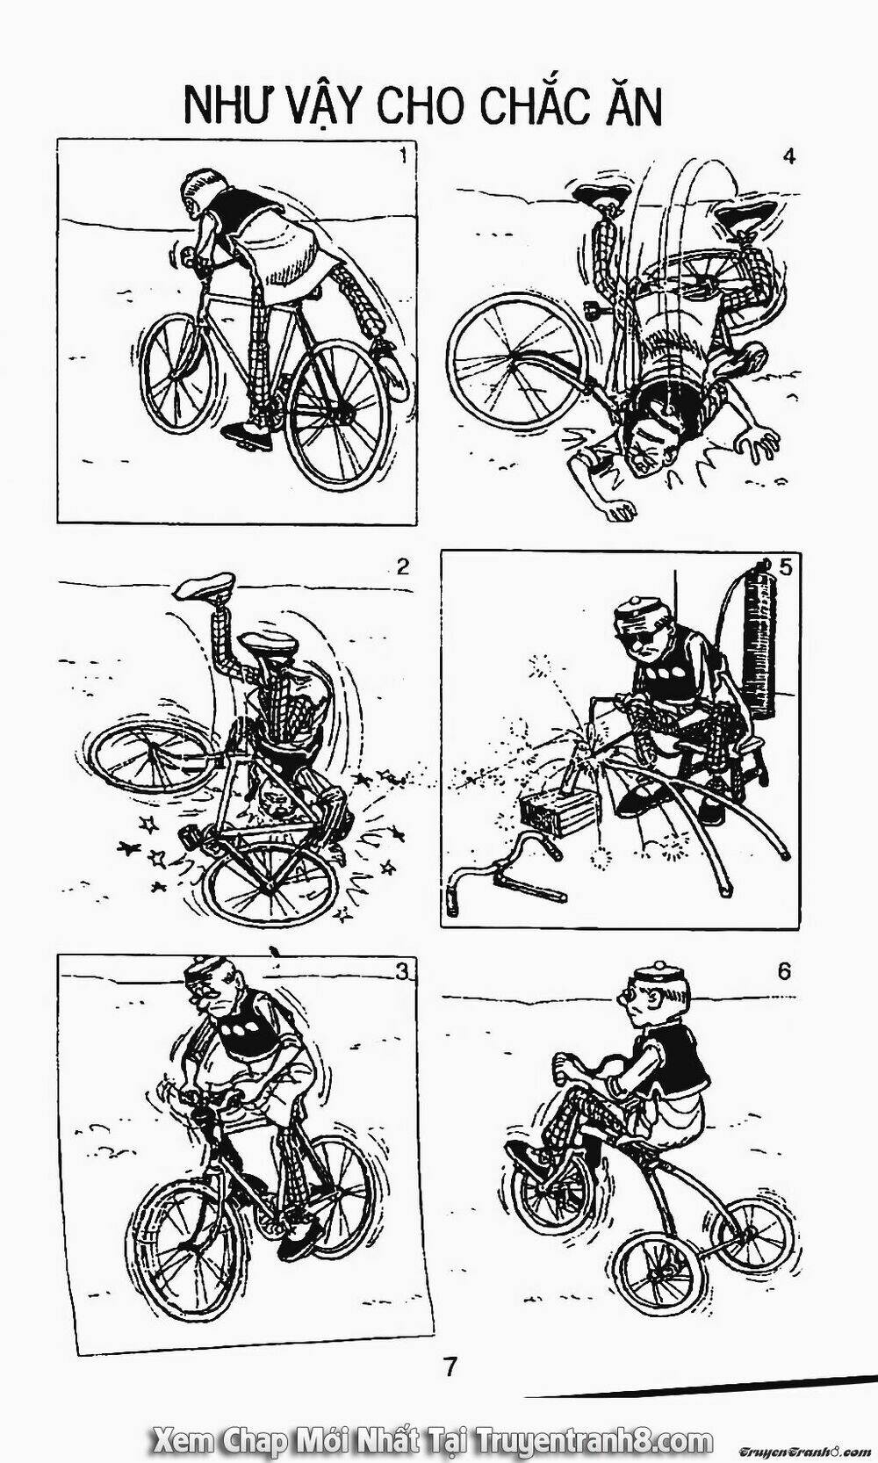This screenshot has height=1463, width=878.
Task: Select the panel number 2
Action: click(x=402, y=566)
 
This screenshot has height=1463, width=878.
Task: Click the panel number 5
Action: click(x=785, y=567)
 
